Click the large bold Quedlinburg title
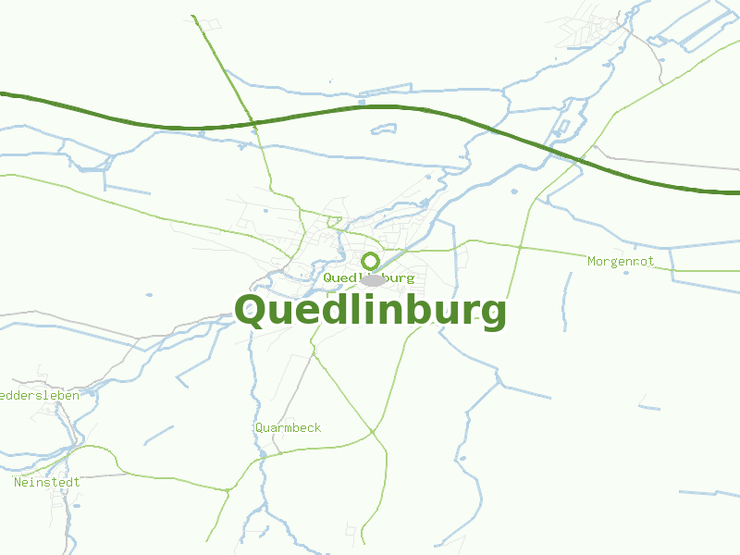click(x=370, y=311)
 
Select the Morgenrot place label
click(x=621, y=262)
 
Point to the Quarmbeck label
click(x=288, y=427)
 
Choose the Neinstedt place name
click(x=47, y=482)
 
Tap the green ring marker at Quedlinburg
click(x=370, y=261)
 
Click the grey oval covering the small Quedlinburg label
click(x=373, y=279)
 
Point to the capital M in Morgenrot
click(x=592, y=262)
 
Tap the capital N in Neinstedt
click(x=18, y=482)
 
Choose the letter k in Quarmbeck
click(x=317, y=427)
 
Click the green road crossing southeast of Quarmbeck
click(x=372, y=431)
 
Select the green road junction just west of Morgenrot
click(x=520, y=248)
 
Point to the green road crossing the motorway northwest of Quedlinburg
click(x=254, y=122)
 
